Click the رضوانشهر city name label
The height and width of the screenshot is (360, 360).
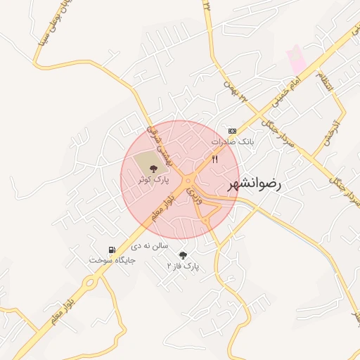click(253, 185)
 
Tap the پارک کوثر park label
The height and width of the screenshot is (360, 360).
click(153, 180)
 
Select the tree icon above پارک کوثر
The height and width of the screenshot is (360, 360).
click(154, 168)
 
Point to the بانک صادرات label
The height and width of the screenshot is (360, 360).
click(233, 141)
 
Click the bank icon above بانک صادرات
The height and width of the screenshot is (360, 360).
click(233, 131)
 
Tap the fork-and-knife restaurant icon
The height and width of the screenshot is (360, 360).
click(215, 160)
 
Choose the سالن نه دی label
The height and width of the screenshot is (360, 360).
click(150, 247)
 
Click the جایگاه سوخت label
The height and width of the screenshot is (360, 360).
click(112, 259)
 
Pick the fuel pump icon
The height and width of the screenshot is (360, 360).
click(112, 249)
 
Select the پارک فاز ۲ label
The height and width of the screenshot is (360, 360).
click(184, 266)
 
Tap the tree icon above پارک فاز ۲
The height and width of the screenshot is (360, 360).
click(184, 255)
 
